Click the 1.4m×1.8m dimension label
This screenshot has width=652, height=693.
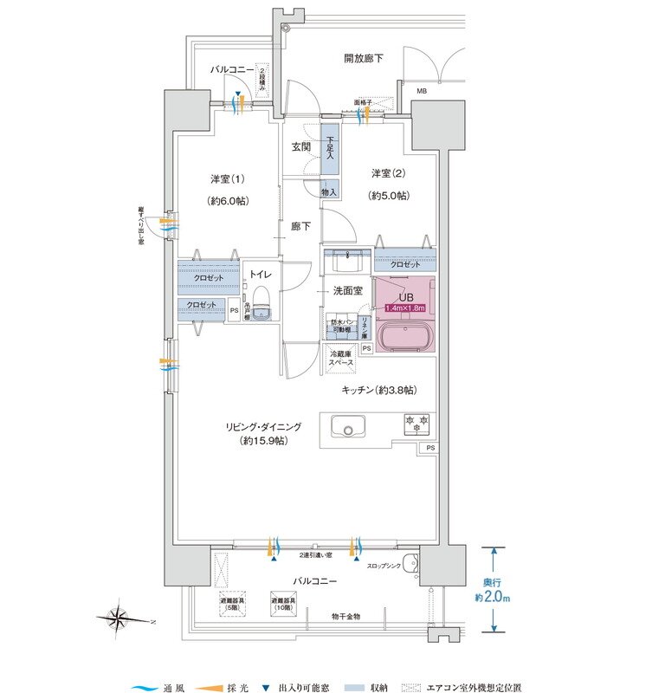pos(401,308)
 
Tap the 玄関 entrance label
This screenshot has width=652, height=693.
pos(300,146)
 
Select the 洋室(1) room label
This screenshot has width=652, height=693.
pos(228,179)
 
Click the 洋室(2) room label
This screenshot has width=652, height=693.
pos(388,172)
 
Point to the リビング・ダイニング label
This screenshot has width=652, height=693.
pos(263,426)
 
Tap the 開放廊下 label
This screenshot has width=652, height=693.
pos(363,59)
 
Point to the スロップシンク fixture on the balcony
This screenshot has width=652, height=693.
pos(410,561)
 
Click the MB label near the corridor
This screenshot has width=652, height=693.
pos(421,90)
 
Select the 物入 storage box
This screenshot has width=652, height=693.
pos(329,191)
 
